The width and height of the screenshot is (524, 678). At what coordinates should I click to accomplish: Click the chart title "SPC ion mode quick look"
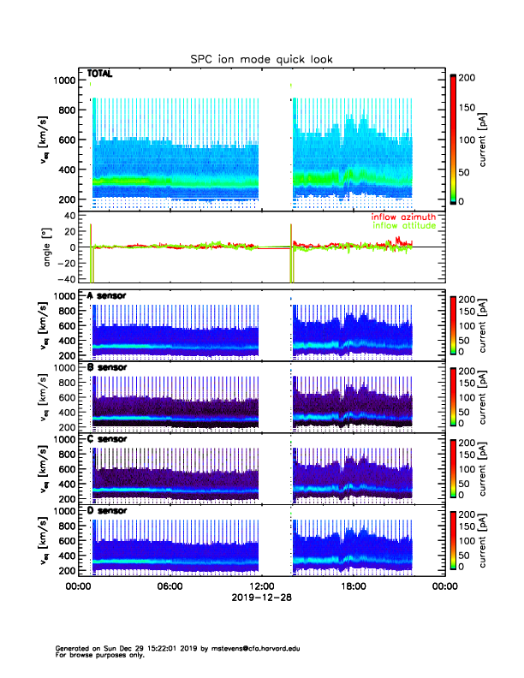pos(261,59)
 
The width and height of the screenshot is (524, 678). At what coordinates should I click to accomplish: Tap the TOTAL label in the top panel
pos(101,74)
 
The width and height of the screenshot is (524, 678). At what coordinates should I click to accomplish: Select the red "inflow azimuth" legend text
pos(403,217)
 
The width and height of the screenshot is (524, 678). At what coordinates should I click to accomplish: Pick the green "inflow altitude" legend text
pos(403,225)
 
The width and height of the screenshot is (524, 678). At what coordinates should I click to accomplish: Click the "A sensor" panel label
pos(107,295)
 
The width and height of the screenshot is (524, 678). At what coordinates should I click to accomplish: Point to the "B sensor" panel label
pos(107,367)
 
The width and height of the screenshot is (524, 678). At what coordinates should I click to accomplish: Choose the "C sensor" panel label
pos(107,439)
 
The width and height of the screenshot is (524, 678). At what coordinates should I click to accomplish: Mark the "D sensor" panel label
pos(107,511)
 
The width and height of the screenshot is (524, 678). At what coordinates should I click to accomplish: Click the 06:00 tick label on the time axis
pos(170,586)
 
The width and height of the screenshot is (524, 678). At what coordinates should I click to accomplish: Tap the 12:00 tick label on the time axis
pos(261,586)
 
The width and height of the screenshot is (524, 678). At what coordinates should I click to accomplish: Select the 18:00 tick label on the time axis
pos(353,586)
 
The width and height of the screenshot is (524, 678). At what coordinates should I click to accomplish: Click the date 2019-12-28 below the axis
pos(261,598)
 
